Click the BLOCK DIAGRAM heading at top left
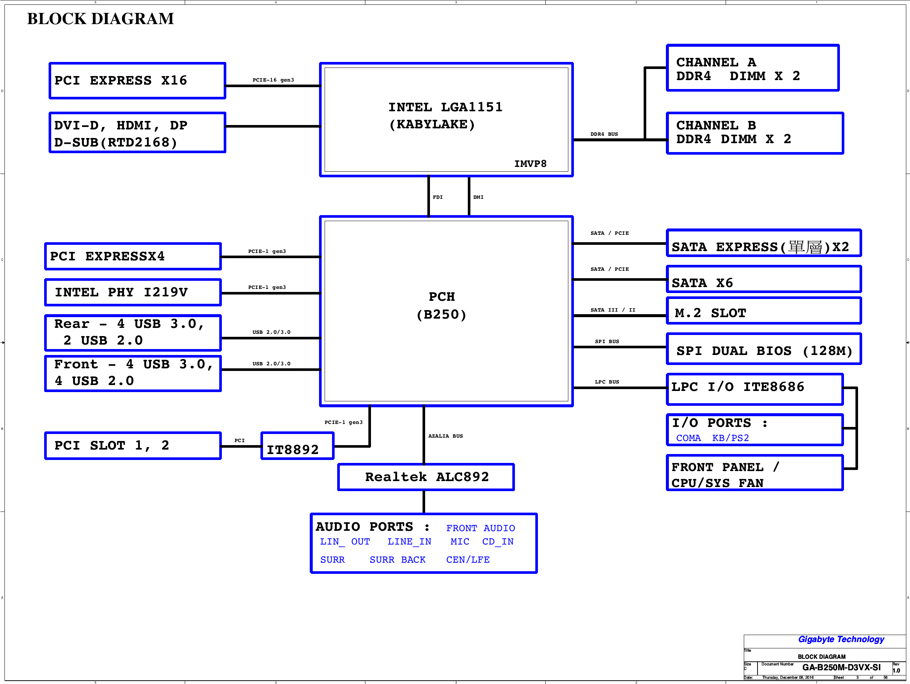[x=101, y=19]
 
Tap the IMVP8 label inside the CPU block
[x=530, y=164]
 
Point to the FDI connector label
[x=438, y=197]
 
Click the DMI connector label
[x=479, y=197]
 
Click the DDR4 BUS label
[x=604, y=134]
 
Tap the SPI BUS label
[x=607, y=341]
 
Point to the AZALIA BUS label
[x=446, y=436]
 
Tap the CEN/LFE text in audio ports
[x=468, y=560]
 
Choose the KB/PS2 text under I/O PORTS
[x=730, y=438]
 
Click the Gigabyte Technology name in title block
[x=841, y=639]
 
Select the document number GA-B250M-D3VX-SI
[x=841, y=667]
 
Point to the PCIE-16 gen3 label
[x=273, y=80]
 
